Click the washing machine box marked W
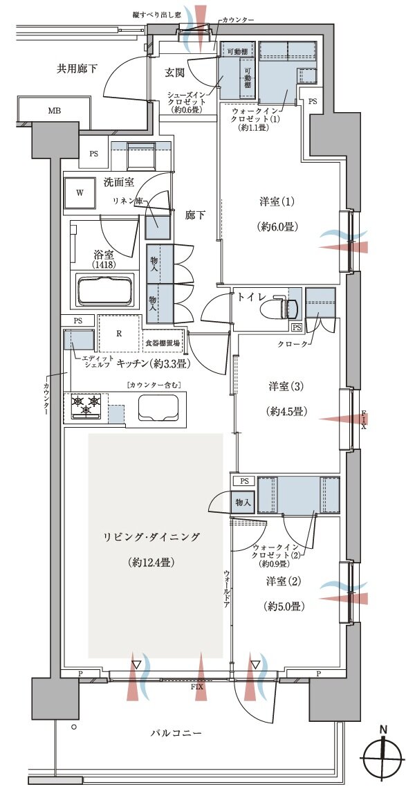[80, 194]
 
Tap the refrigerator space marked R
[119, 332]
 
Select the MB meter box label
[54, 110]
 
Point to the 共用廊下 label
[77, 68]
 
